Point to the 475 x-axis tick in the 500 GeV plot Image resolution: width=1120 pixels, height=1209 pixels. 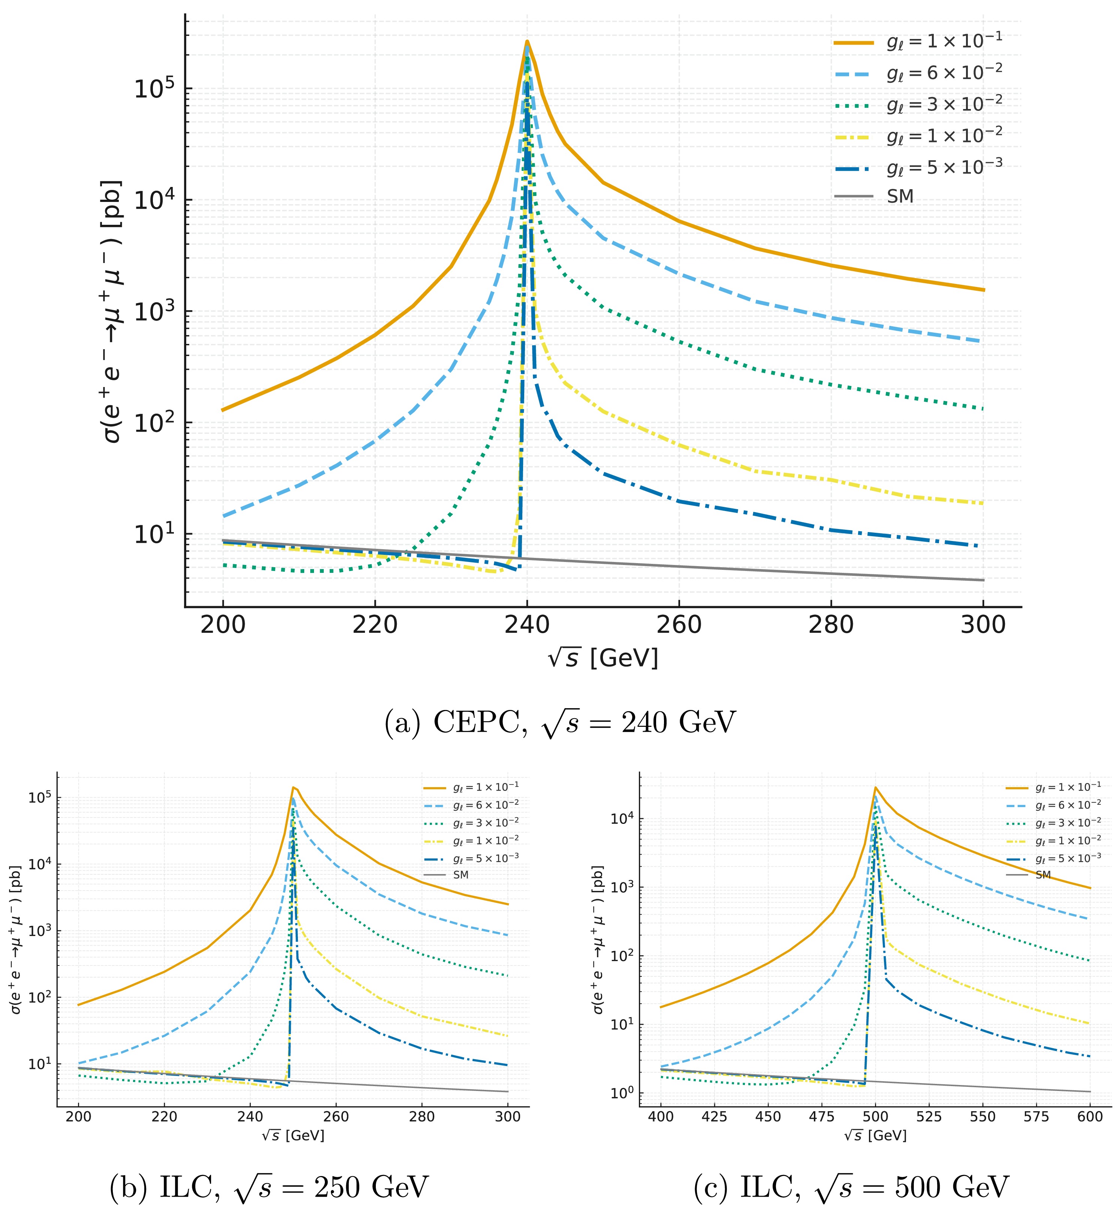[x=821, y=1117]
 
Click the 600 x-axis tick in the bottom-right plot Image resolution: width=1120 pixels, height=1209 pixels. [x=1090, y=1117]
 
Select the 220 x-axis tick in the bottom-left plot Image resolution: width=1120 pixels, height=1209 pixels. [x=164, y=1117]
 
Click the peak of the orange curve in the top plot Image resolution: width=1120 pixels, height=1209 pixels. [x=527, y=41]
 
